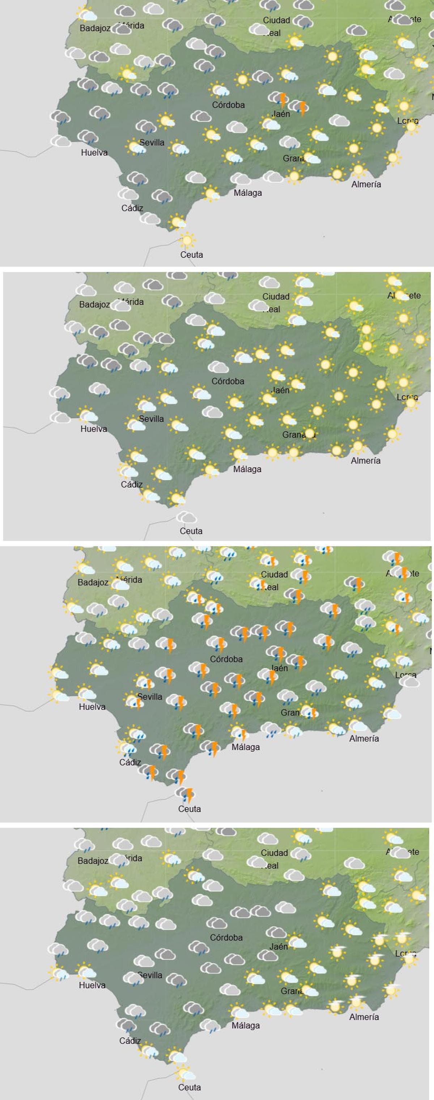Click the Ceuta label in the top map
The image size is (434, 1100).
click(192, 255)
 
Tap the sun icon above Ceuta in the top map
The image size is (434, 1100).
click(187, 240)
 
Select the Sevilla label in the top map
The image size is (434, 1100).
click(152, 143)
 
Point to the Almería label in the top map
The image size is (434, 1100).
click(366, 184)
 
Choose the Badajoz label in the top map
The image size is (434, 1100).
click(95, 29)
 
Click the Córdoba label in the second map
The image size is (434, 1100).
click(228, 381)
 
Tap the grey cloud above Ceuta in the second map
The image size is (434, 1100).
click(187, 518)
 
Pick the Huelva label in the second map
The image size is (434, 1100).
click(94, 429)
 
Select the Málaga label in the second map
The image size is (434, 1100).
click(247, 469)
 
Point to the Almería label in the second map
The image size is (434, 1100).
click(366, 461)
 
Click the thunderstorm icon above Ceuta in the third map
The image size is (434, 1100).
click(186, 794)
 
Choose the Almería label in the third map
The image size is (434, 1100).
click(364, 739)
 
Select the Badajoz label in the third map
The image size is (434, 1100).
click(93, 582)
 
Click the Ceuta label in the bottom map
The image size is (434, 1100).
click(190, 1088)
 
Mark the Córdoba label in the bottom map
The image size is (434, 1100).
click(226, 938)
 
